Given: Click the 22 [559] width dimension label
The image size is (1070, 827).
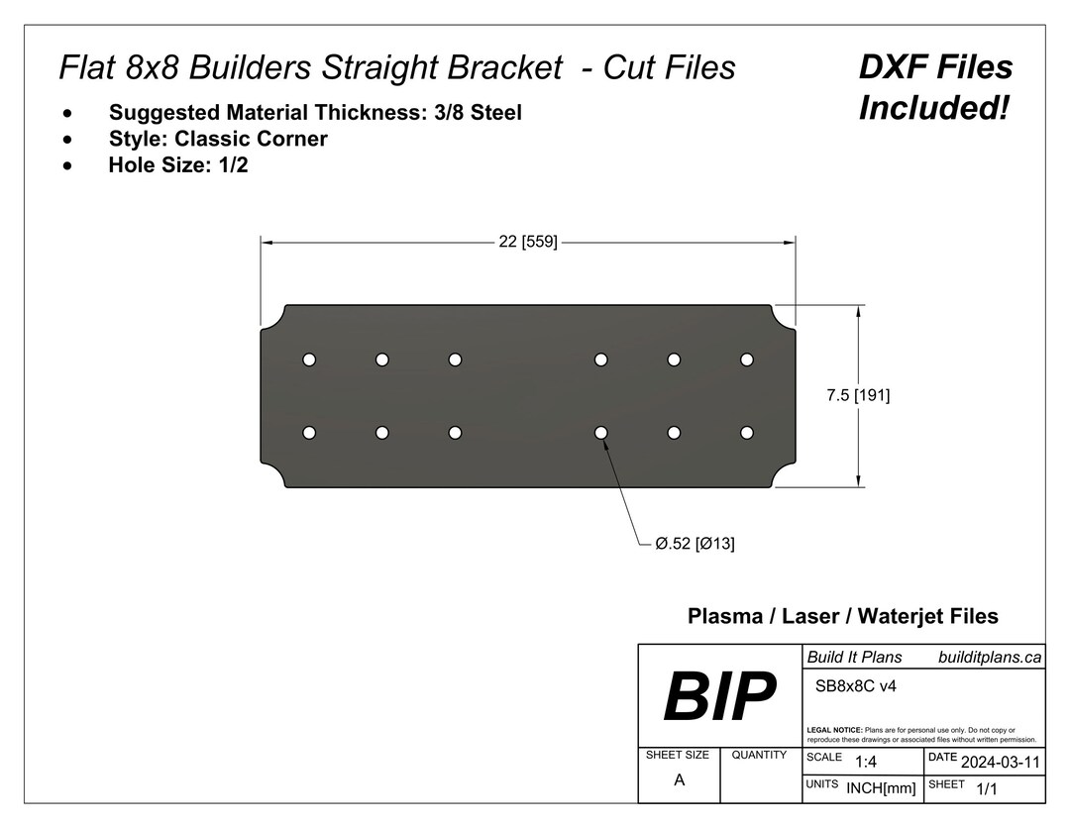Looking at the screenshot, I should click(527, 241).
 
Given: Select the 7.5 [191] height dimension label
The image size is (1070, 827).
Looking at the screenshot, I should click(858, 395).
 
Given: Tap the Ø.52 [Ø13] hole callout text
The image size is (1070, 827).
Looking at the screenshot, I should click(695, 544).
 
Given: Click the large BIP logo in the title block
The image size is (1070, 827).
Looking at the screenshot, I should click(718, 696).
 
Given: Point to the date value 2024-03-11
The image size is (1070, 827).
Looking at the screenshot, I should click(1000, 762).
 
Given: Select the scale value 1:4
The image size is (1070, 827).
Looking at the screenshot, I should click(865, 762).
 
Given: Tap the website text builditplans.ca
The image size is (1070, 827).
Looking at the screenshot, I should click(989, 657).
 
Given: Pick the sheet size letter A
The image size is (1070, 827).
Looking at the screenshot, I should click(679, 779).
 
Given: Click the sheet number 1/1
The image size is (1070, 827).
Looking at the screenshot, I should click(986, 789).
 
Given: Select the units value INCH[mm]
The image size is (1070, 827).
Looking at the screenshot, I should click(881, 788).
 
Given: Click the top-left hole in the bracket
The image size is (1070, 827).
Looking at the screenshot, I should click(309, 359).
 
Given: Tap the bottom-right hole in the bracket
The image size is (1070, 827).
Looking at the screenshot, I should click(746, 433).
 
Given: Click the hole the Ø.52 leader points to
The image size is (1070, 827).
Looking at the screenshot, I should click(600, 433).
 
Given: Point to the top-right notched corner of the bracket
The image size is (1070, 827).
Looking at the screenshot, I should click(784, 316).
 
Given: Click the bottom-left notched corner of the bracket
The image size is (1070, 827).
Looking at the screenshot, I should click(272, 476).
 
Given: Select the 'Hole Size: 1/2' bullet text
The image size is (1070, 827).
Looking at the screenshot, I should click(178, 165).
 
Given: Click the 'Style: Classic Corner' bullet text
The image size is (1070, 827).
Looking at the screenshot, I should click(218, 139).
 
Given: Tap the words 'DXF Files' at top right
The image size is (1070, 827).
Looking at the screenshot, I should click(934, 67).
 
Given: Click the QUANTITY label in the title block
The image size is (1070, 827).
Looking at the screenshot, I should click(759, 755).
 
